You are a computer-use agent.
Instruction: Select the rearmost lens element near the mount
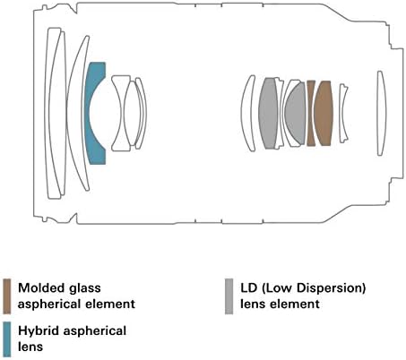coord(380,114)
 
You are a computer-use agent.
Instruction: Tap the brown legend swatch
coord(7,296)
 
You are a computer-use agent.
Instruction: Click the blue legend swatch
coord(7,339)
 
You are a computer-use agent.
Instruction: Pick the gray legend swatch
coord(229,296)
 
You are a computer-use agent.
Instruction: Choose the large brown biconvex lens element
coord(324,113)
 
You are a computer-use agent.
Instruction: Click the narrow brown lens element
coord(311,113)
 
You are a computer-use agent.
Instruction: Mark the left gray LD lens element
coord(268,113)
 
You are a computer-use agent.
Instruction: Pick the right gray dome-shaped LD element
coord(295,113)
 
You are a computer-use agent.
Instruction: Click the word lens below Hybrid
coord(30,347)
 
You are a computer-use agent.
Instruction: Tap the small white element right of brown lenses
coord(343,113)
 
